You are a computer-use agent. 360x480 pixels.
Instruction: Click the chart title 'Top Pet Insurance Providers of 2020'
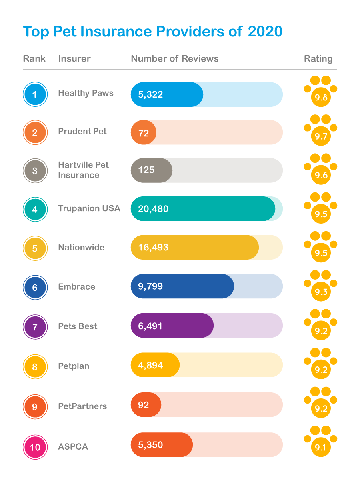click(153, 31)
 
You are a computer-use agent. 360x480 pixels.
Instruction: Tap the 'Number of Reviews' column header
click(175, 59)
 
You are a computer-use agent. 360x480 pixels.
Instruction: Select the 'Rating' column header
click(318, 59)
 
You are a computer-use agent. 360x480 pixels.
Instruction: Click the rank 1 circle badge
click(35, 95)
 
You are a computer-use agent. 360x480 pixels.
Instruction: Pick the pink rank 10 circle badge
click(35, 447)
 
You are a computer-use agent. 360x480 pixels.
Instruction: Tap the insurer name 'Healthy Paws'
click(86, 93)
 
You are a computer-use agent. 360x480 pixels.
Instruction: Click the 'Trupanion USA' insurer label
click(89, 208)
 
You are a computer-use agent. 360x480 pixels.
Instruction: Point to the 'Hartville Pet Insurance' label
click(83, 170)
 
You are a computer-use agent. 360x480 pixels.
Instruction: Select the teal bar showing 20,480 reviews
click(203, 209)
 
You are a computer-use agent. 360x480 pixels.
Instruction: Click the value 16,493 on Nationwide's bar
click(153, 247)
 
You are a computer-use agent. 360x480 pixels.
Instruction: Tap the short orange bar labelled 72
click(144, 132)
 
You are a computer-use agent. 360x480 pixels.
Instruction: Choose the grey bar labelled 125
click(152, 170)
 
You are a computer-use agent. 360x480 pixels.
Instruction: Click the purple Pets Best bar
click(172, 326)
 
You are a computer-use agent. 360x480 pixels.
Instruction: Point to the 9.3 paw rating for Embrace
click(321, 286)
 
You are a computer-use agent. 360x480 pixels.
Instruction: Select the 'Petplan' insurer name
click(74, 366)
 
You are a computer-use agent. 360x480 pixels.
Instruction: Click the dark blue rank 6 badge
click(35, 287)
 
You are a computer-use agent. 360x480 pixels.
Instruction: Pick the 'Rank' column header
click(34, 59)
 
